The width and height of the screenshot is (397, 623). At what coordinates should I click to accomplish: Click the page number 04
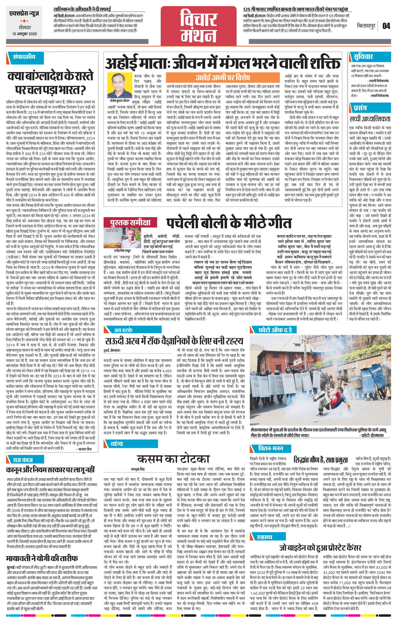386,26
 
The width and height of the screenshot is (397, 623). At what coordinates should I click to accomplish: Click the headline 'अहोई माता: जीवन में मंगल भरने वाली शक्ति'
222,63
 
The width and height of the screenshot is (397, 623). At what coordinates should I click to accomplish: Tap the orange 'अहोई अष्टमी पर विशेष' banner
223,77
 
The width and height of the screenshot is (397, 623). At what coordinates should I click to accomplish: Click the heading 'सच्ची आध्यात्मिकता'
369,119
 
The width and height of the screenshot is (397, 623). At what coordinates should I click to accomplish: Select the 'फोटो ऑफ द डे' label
275,330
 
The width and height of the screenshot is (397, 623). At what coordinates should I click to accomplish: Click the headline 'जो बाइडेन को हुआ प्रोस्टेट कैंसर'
320,548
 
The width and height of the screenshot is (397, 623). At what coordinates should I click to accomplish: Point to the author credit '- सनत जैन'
83,449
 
